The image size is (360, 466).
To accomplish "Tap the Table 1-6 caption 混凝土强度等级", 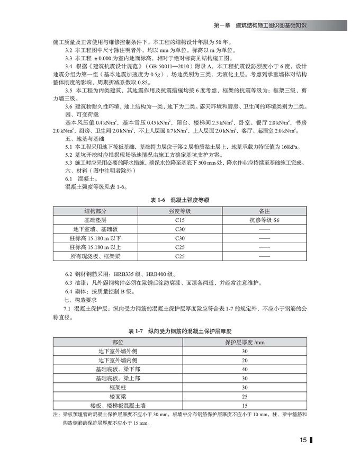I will tap(180, 200).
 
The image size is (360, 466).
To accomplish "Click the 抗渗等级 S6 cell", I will tap(264, 219).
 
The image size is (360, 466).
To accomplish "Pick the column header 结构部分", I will tap(95, 210).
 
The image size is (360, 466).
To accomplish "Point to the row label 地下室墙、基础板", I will tap(95, 229).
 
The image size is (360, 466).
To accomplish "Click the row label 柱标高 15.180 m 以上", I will tap(95, 247).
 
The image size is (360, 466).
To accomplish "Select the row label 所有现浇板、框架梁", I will tap(95, 257).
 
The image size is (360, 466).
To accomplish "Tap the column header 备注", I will tap(264, 210).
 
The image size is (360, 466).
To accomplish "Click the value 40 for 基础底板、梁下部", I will tap(245, 369).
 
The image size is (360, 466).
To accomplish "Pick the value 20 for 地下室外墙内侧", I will tap(245, 360).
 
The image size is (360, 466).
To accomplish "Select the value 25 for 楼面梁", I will tap(245, 397).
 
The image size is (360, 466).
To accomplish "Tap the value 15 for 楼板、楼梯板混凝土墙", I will tap(245, 406).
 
